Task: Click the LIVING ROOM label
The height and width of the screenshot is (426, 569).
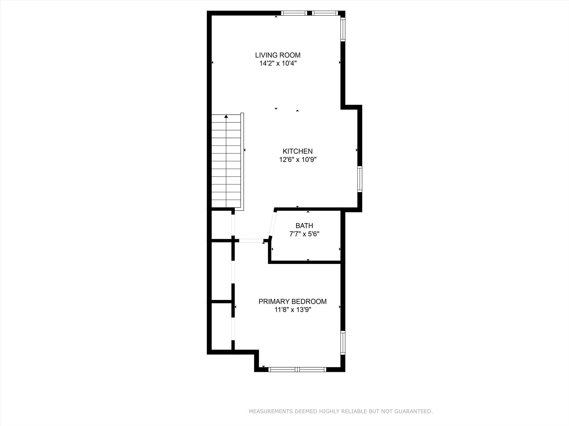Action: click(278, 55)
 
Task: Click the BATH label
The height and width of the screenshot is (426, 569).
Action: click(304, 226)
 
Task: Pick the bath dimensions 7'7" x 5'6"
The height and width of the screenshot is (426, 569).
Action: click(304, 234)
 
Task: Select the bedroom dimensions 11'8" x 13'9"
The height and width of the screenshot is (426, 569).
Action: click(293, 310)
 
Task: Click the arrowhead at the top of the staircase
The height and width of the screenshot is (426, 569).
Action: click(226, 116)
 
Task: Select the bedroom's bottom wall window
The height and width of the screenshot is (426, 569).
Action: click(297, 370)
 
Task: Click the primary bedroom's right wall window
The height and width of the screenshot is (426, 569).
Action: click(343, 343)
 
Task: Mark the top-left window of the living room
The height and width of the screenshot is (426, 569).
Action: click(294, 13)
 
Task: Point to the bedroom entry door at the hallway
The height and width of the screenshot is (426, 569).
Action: click(251, 241)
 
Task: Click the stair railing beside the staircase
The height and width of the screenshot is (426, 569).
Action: click(242, 162)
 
